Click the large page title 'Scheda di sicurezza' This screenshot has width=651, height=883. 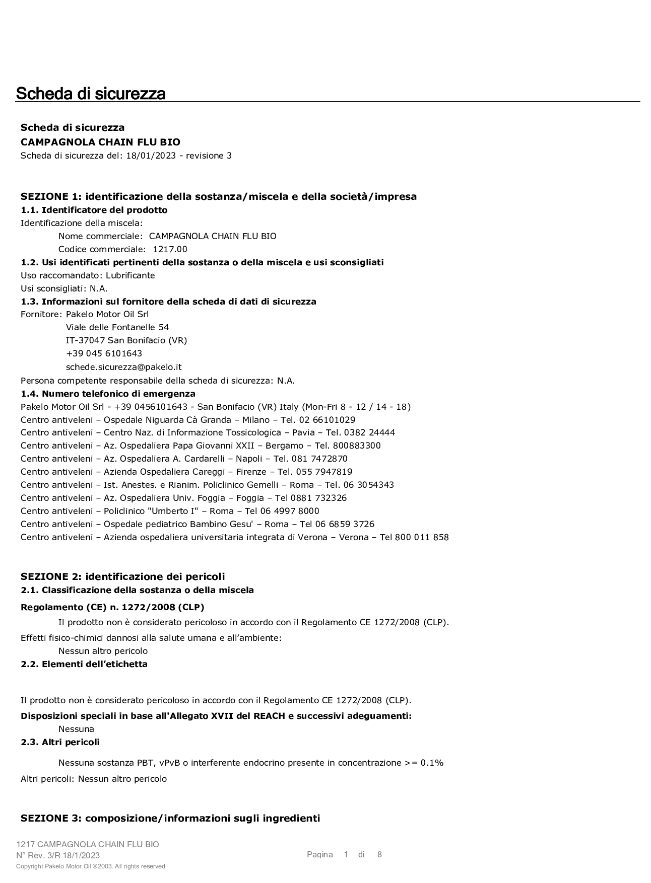click(91, 94)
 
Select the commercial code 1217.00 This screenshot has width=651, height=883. click(170, 249)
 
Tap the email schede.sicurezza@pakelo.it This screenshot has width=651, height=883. click(123, 367)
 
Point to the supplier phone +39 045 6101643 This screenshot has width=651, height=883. click(104, 353)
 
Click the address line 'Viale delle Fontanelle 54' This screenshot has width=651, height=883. click(117, 327)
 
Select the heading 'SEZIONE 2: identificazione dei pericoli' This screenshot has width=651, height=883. click(122, 576)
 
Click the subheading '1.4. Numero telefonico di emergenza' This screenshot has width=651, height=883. click(108, 394)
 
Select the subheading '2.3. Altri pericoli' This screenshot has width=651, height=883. click(60, 742)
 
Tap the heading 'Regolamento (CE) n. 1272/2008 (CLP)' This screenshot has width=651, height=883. click(112, 607)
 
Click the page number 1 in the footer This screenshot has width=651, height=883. click(346, 854)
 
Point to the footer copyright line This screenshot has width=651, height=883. click(91, 866)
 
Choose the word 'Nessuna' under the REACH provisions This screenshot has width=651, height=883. click(76, 729)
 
